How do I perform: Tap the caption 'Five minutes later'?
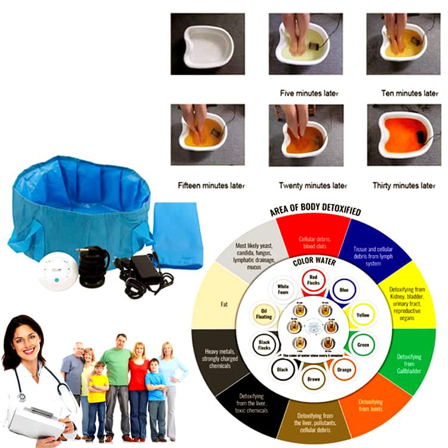pos(309,93)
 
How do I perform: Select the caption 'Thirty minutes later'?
pos(404,185)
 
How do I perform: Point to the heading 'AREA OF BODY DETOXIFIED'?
pos(315,212)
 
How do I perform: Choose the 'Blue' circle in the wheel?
pos(343,290)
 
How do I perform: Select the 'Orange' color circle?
pos(344,369)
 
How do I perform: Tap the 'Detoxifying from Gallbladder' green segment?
pos(409,361)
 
